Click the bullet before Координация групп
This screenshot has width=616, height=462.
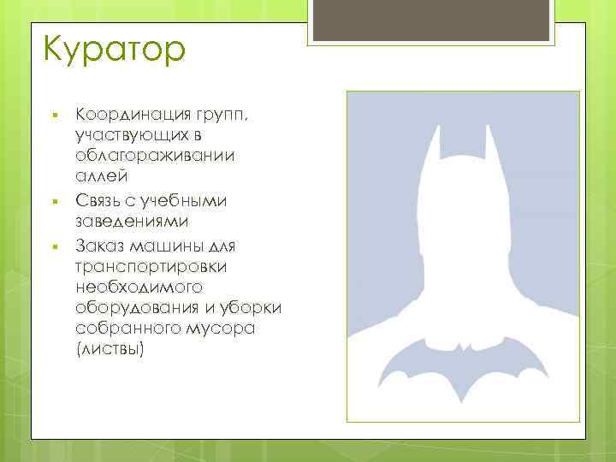pos(53,114)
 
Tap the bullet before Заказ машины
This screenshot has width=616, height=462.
pos(53,246)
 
